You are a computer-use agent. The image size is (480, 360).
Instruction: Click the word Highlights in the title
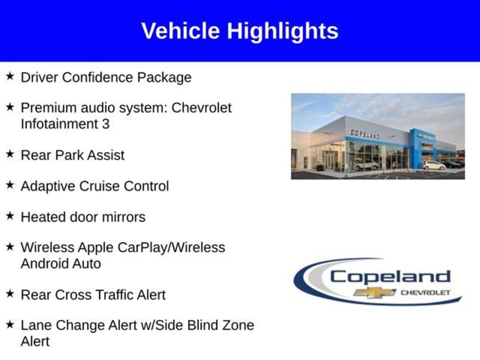tap(283, 31)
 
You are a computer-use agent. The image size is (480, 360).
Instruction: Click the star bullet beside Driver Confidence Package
tap(10, 76)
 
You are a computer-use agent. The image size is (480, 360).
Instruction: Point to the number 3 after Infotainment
tap(105, 124)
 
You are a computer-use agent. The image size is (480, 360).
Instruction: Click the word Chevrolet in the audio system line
tap(202, 108)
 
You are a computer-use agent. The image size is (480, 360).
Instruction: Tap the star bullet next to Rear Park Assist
tap(10, 154)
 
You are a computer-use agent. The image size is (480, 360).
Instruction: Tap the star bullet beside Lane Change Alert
tap(10, 324)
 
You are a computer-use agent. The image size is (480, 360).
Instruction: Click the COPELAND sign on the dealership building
tap(365, 134)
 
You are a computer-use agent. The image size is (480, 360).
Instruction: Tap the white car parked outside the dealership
tap(434, 165)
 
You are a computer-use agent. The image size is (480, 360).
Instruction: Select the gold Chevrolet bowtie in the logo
tap(375, 292)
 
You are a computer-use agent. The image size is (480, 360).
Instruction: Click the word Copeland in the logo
tap(390, 277)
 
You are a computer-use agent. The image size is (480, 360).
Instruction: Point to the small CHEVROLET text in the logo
tap(426, 292)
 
